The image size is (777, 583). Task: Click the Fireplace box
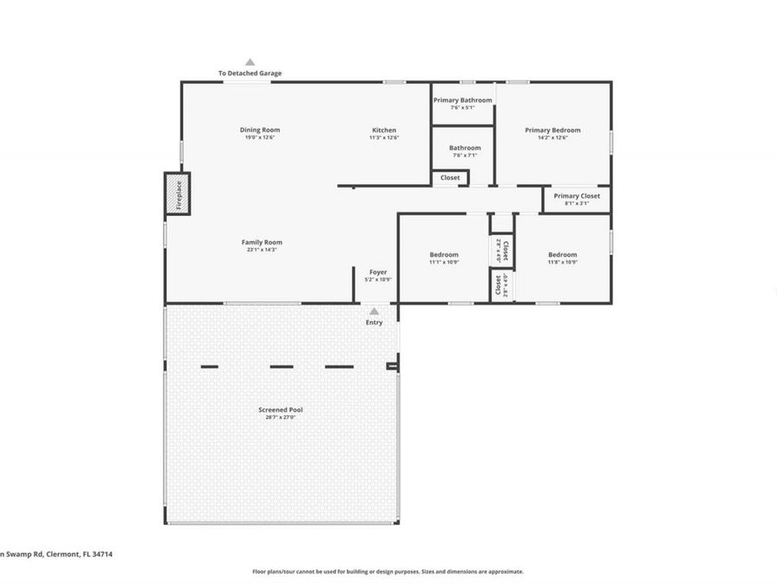(177, 193)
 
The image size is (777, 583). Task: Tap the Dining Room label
(260, 130)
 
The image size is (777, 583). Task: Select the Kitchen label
(384, 130)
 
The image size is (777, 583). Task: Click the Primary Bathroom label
(463, 100)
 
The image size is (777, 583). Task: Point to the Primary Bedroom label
(553, 130)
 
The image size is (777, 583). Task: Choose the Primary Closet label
(577, 196)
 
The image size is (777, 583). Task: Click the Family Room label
(262, 243)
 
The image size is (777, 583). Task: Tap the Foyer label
(378, 272)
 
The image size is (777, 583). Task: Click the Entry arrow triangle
(374, 311)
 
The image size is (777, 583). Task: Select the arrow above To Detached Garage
(250, 62)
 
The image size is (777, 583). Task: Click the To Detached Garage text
(250, 73)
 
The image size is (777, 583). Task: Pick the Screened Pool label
(281, 409)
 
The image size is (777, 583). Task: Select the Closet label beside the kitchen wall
(450, 178)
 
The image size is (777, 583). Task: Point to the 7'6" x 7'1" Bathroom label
(464, 148)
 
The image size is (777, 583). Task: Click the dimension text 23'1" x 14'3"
(262, 250)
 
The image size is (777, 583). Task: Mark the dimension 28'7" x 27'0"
(281, 417)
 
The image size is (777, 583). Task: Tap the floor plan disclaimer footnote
(388, 571)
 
